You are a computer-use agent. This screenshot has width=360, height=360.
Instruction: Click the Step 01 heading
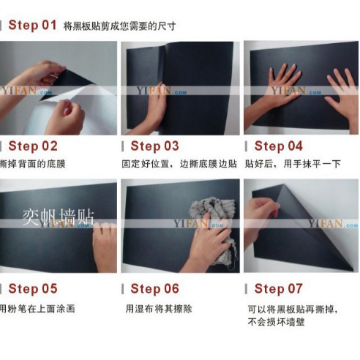32,25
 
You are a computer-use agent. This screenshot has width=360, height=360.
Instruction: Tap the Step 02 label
33,146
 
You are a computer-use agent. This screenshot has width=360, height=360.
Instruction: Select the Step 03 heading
154,146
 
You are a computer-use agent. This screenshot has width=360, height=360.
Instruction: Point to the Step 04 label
278,146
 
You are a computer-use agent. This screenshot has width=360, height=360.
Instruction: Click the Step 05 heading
33,288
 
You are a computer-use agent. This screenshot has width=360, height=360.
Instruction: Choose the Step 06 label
154,288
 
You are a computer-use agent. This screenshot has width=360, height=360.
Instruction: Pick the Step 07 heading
278,288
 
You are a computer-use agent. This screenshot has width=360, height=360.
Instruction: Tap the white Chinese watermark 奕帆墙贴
58,217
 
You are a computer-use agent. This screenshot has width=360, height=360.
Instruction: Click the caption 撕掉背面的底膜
33,164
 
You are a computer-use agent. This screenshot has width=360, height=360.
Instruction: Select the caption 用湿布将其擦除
159,309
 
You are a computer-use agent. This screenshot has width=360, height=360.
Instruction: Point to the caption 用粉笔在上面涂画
37,309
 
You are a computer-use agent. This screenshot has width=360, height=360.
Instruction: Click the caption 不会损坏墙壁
276,322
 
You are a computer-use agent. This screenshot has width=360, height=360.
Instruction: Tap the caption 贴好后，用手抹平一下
293,164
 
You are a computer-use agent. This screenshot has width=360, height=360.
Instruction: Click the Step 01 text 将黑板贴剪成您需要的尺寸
119,26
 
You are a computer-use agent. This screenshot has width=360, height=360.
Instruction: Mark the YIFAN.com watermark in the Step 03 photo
162,91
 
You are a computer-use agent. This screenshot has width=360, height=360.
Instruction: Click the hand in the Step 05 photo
105,247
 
